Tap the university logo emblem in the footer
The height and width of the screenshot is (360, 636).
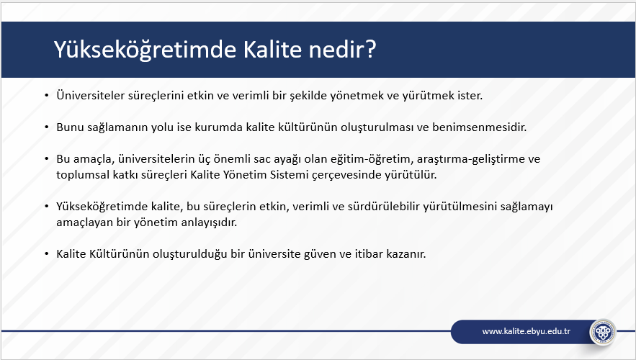point(602,333)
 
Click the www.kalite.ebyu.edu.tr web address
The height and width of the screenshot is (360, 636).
point(526,331)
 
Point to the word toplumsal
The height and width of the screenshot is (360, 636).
point(79,175)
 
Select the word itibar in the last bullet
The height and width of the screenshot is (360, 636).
point(369,254)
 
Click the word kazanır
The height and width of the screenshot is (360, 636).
point(406,254)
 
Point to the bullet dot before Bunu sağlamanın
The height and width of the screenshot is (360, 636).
point(47,127)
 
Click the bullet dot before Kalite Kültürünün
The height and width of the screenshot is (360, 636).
point(47,254)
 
